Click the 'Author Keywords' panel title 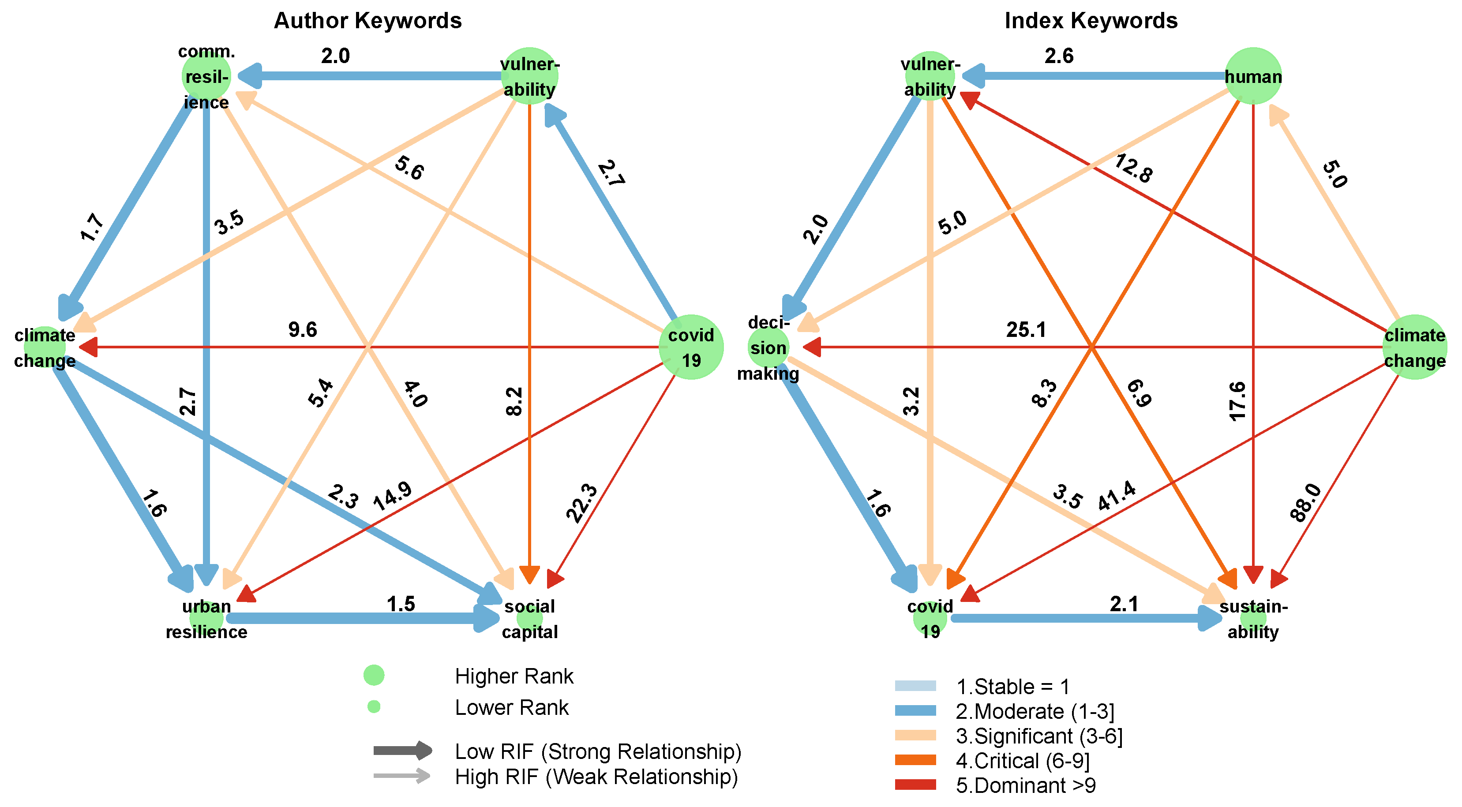coord(368,20)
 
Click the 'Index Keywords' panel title coord(1091,20)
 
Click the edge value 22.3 coord(582,503)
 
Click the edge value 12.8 coord(1133,168)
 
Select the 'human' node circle coord(1253,76)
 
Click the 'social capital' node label coord(529,619)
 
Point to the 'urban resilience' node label coord(206,619)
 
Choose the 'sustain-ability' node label coord(1253,619)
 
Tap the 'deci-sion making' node coord(768,347)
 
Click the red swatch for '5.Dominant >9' coord(915,785)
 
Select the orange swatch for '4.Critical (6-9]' coord(915,760)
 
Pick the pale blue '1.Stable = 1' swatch coord(915,686)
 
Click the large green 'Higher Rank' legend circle coord(374,675)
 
